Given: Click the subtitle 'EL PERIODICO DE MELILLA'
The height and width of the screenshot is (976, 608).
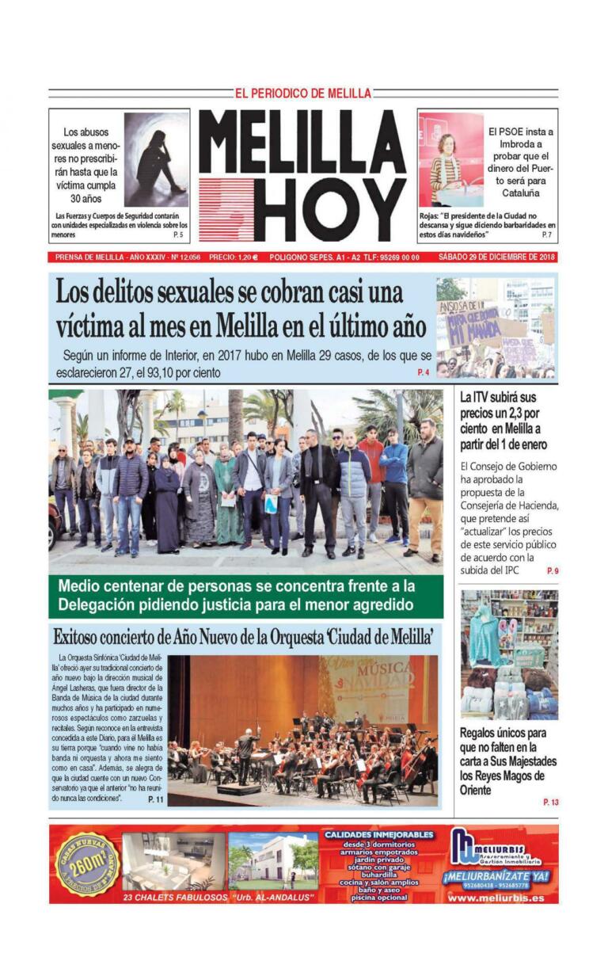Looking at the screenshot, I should (x=303, y=93).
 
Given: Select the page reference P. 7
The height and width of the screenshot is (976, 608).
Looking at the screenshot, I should (x=546, y=235).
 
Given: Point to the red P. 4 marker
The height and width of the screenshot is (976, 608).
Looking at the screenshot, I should (x=423, y=372).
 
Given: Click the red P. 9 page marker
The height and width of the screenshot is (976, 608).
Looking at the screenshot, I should (x=552, y=570).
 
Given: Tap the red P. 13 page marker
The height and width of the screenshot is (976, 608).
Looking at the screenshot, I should (x=550, y=803).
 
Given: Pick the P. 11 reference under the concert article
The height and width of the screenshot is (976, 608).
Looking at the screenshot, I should (x=156, y=800).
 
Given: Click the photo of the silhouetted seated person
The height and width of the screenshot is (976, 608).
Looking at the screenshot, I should (x=156, y=159).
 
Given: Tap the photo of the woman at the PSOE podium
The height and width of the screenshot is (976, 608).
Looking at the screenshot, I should (x=450, y=159).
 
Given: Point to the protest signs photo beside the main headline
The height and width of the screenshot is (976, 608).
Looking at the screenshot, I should (x=495, y=327).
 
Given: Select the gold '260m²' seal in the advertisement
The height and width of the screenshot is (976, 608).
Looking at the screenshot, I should (x=86, y=864).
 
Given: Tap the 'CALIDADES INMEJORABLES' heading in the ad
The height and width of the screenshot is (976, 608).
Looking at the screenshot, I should (x=379, y=834).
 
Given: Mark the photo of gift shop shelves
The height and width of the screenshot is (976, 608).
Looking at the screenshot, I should (x=509, y=654).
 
